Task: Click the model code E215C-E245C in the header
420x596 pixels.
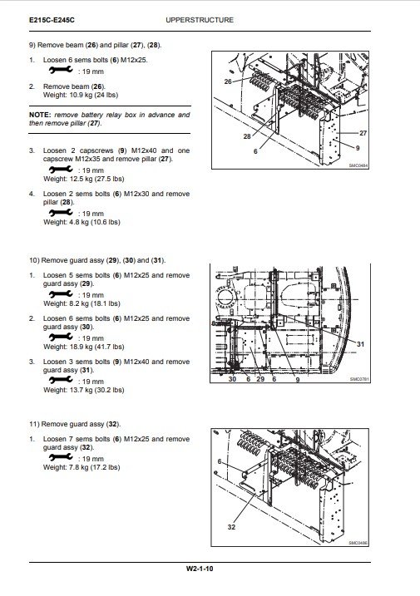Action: click(52, 20)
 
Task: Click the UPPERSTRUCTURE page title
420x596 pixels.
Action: click(200, 20)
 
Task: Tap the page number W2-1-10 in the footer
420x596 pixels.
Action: click(200, 569)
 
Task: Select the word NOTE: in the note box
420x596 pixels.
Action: click(40, 115)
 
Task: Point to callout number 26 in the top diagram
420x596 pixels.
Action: click(228, 81)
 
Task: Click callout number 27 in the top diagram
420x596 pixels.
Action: click(363, 133)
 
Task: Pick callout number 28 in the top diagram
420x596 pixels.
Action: click(247, 136)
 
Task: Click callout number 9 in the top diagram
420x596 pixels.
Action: click(358, 148)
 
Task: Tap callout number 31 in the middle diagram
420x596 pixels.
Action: click(360, 344)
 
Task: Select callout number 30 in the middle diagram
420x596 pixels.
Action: click(232, 379)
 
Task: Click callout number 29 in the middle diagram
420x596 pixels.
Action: click(260, 379)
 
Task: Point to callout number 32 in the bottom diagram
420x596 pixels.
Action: click(231, 527)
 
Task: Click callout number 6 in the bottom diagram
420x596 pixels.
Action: click(219, 461)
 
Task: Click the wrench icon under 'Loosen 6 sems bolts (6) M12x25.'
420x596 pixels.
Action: click(61, 71)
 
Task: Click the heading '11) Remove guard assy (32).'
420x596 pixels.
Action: click(75, 424)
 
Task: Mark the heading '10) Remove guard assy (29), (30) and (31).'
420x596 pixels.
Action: click(97, 261)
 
